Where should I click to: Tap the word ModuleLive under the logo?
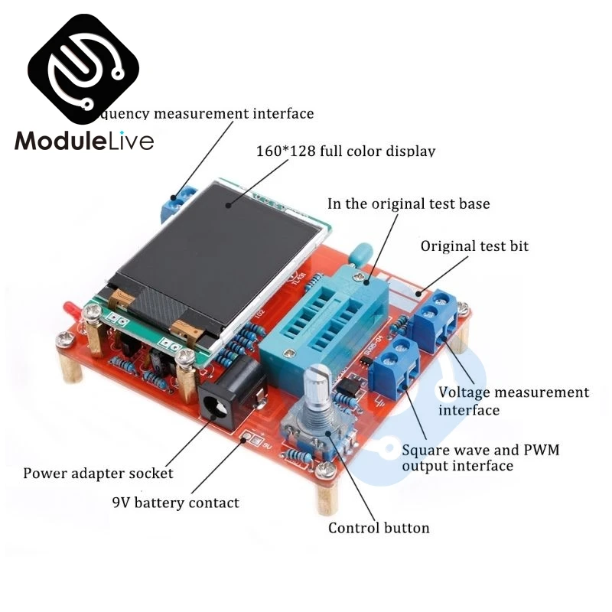tap(84, 142)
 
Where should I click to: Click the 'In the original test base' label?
tap(409, 204)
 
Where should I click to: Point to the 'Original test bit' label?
tap(474, 246)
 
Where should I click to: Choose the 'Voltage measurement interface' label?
tap(513, 401)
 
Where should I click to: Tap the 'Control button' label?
tap(379, 528)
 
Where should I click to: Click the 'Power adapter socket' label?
tap(98, 473)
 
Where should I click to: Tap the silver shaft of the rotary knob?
tap(317, 390)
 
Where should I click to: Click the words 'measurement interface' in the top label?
tap(234, 114)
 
